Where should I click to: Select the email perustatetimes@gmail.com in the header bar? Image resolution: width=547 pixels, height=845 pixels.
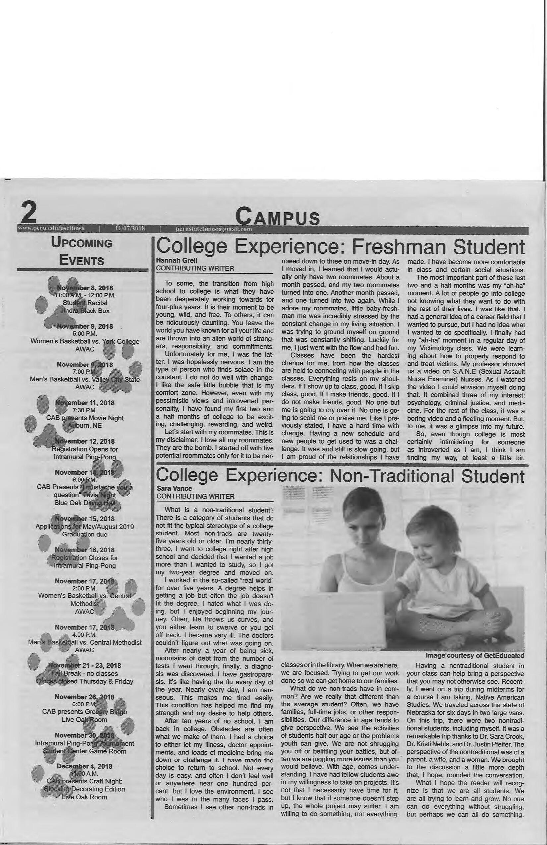pos(214,229)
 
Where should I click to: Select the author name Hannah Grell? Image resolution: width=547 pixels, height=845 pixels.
pos(176,260)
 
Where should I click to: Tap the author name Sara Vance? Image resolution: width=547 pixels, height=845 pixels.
pos(174,488)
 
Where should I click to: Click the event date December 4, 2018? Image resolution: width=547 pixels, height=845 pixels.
pos(85,766)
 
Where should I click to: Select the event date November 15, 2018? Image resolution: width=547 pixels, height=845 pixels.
pos(85,519)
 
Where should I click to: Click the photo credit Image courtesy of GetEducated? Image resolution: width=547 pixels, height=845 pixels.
pos(475,656)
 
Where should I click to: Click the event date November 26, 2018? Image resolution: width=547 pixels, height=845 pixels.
pos(85,697)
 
